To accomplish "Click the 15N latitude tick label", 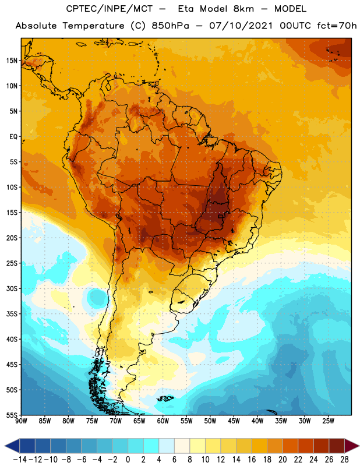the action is point(12,61).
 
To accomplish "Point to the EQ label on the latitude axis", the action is point(13,137).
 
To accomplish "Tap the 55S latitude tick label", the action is point(12,415).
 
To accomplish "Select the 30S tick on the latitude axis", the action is point(12,288).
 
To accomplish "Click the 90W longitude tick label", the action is point(21,421).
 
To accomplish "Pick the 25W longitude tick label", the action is point(328,421).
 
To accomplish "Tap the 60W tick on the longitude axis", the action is point(163,421).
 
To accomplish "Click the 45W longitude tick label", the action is point(234,421).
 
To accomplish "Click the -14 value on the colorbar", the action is point(20,460).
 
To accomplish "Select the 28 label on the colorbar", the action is point(344,460).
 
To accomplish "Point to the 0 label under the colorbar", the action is point(128,460).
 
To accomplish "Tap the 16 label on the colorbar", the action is point(252,460).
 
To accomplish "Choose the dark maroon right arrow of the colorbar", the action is point(351,446).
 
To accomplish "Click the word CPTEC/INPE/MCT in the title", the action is point(109,9).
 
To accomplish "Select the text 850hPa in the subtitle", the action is point(170,26).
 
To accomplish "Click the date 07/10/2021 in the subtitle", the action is point(241,26).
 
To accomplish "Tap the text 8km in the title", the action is point(243,9).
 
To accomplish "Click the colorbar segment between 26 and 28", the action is point(337,446).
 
